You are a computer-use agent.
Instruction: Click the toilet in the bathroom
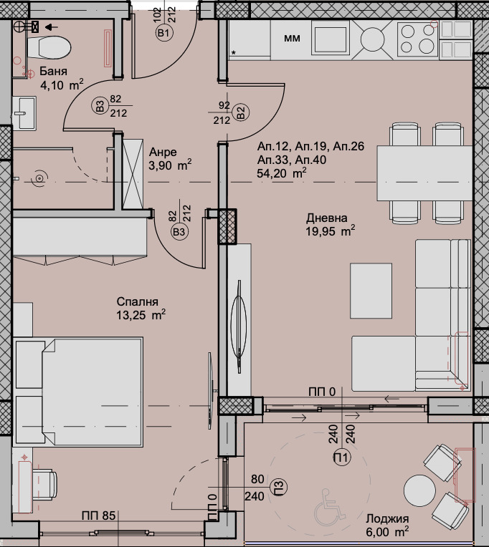click(49, 47)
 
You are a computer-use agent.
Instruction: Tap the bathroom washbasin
click(24, 113)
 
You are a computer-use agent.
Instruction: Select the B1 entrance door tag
click(164, 34)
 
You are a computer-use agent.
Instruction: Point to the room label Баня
click(53, 71)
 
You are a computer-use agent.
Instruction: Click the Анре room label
click(163, 152)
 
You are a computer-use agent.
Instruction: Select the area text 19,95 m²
click(331, 231)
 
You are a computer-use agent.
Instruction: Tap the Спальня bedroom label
click(137, 301)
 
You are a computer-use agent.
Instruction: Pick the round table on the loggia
click(419, 490)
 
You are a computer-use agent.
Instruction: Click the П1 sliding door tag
click(341, 458)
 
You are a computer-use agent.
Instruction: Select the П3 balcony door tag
click(279, 487)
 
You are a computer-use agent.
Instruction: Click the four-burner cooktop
click(418, 39)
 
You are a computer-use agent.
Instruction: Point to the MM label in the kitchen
click(292, 38)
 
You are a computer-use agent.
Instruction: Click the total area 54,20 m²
click(282, 173)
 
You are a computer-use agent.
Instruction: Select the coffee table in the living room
click(371, 291)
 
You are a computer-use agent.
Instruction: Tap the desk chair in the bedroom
click(45, 487)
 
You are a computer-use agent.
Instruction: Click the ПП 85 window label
click(98, 515)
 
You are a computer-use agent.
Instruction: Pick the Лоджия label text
click(387, 519)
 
